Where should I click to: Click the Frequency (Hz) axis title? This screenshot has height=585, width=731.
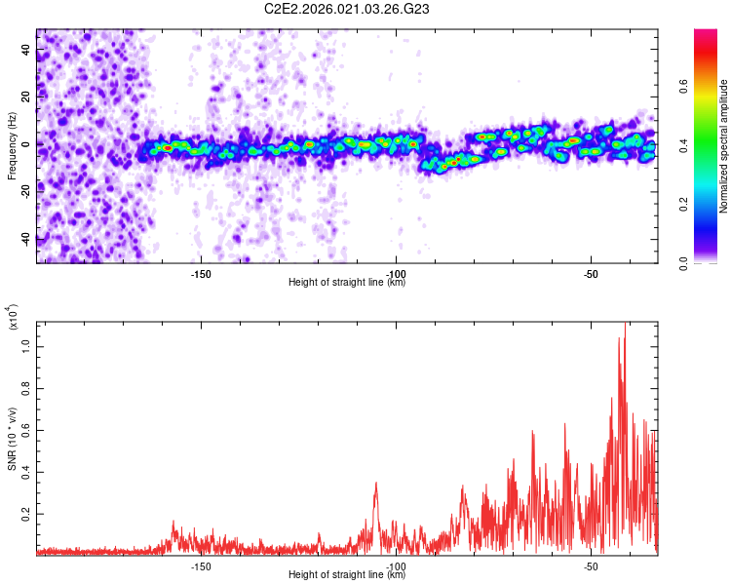click(12, 146)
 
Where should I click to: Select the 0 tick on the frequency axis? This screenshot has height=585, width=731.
click(27, 144)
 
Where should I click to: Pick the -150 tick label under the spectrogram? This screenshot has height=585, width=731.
click(201, 274)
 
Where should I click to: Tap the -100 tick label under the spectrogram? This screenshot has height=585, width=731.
click(396, 274)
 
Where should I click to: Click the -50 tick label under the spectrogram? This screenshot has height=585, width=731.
click(591, 274)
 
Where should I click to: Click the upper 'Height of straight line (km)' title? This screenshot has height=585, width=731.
click(347, 283)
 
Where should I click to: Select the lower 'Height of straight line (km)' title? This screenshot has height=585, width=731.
click(347, 575)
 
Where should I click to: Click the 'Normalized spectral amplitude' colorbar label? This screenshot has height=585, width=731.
click(724, 146)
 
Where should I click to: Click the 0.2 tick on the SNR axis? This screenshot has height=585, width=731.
click(27, 514)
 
